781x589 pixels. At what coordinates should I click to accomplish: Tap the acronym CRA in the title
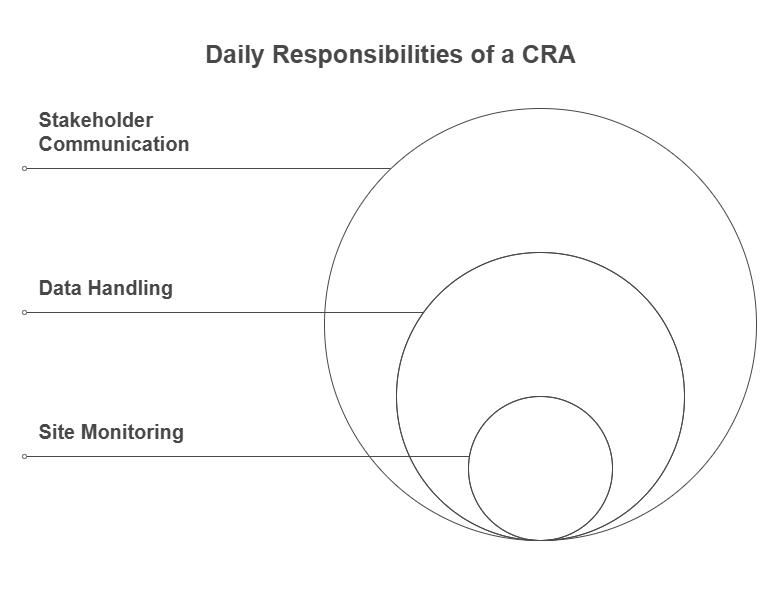tap(550, 55)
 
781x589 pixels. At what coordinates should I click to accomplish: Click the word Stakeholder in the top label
tap(96, 120)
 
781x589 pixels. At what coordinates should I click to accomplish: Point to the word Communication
tap(114, 144)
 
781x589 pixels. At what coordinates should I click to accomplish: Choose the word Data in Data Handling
tap(60, 288)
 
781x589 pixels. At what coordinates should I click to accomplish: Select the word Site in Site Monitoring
tap(56, 432)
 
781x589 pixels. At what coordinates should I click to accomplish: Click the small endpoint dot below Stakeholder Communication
tap(25, 168)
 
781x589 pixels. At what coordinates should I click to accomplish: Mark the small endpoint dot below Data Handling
tap(25, 312)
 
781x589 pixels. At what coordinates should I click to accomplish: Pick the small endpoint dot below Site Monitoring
tap(25, 456)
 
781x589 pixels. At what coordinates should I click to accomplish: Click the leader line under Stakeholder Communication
tap(200, 168)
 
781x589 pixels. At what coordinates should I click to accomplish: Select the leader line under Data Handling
tap(220, 312)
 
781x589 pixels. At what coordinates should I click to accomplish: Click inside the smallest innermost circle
tap(540, 468)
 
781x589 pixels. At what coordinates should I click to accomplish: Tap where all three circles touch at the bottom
tap(540, 540)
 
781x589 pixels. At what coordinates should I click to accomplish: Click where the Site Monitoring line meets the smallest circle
tap(469, 456)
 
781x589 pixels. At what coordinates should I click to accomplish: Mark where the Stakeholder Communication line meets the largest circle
tap(390, 168)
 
